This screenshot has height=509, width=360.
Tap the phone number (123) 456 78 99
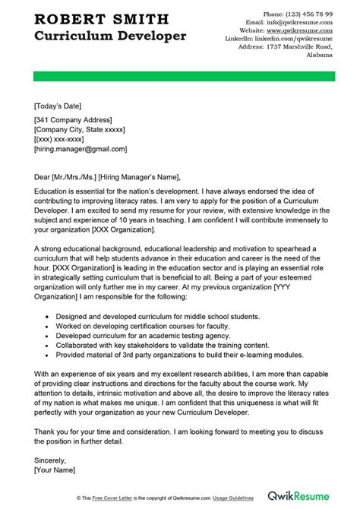click(x=292, y=14)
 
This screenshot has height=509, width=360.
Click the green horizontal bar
click(x=179, y=77)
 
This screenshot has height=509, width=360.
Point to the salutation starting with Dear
click(x=106, y=173)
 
